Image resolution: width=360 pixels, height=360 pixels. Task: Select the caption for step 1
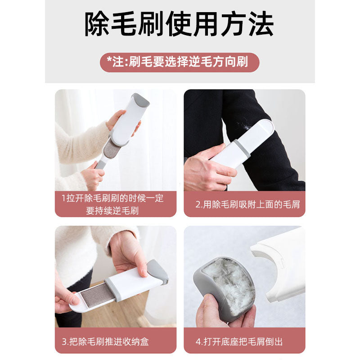point(112,204)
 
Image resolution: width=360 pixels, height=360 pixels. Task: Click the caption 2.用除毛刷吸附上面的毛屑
point(247,204)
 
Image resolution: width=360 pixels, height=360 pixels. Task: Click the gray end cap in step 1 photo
point(140,99)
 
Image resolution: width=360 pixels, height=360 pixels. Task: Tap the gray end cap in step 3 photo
point(157,271)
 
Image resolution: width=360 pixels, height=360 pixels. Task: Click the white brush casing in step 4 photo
point(283,261)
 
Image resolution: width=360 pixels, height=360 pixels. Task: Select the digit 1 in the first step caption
point(63,198)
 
